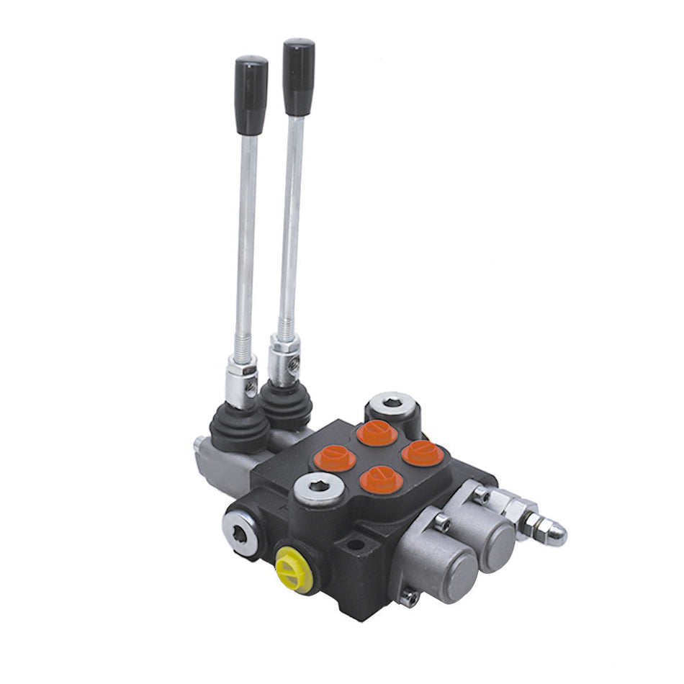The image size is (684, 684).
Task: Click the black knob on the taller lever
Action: [x=298, y=76]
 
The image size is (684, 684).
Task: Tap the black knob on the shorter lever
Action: [x=252, y=94]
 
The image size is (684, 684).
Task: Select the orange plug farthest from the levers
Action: [x=422, y=453]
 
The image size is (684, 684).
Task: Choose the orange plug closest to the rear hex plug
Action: [x=377, y=433]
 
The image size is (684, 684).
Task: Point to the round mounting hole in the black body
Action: [x=356, y=544]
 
